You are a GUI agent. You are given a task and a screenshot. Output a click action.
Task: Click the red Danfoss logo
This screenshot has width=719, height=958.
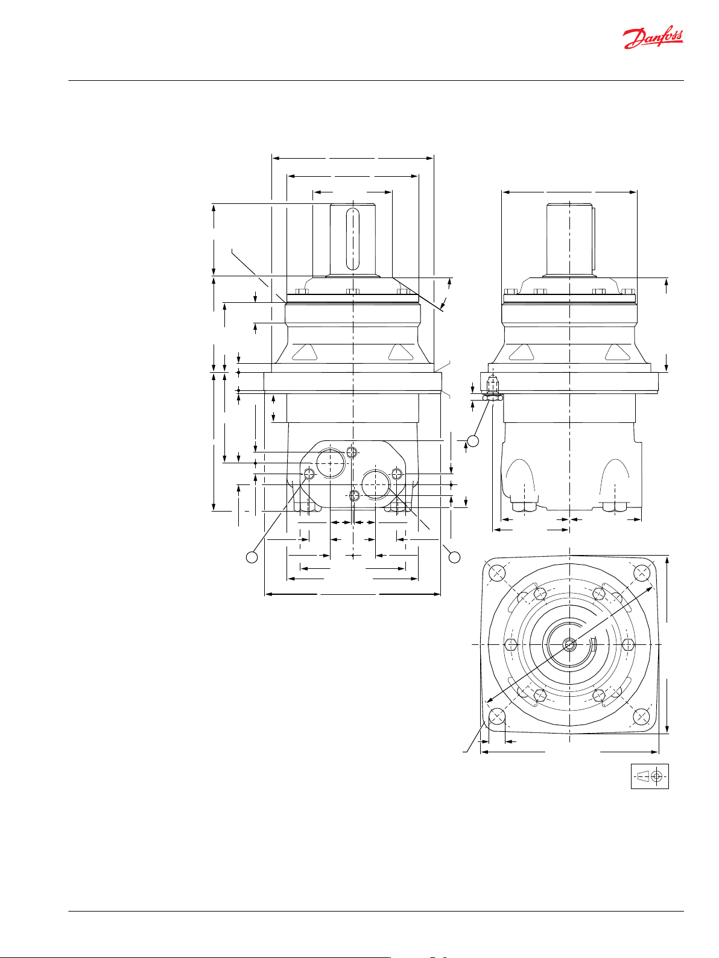[653, 39]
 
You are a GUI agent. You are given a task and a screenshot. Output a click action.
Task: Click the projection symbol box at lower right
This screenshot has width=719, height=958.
[650, 776]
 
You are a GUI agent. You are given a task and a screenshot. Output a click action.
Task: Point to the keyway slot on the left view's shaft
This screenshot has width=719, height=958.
[352, 239]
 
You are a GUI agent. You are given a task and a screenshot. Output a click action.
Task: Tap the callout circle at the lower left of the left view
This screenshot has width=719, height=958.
[252, 557]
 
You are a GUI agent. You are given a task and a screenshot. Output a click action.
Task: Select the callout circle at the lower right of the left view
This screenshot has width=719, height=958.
[455, 557]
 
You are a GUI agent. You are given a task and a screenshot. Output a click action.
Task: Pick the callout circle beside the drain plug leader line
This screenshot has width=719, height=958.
[473, 441]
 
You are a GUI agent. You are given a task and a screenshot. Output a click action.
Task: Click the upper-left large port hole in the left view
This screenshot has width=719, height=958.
[331, 463]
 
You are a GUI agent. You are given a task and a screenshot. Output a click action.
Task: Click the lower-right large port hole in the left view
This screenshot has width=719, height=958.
[376, 484]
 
